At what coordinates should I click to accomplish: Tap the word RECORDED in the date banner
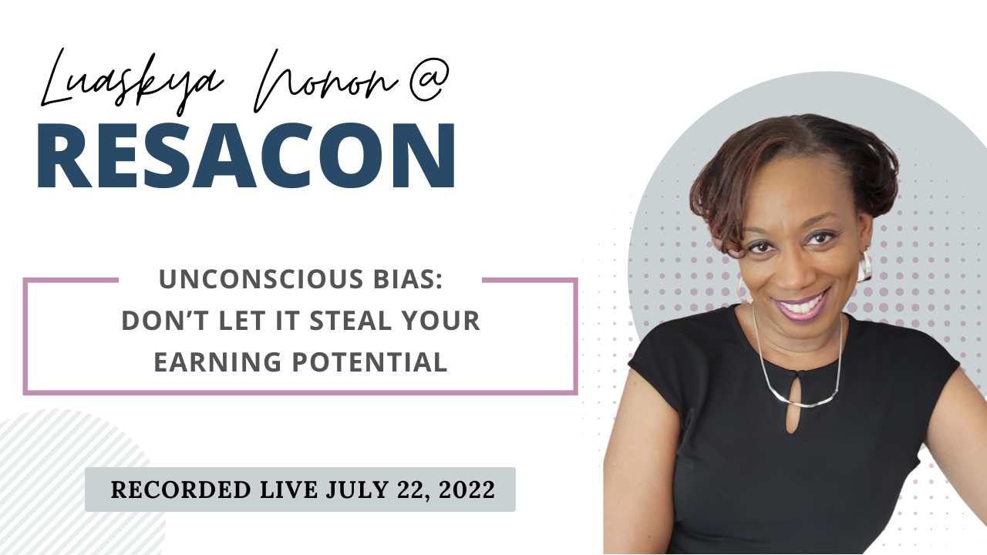tap(171, 489)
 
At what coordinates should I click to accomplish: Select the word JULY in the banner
tap(356, 489)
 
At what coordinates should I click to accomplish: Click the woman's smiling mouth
tap(802, 304)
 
